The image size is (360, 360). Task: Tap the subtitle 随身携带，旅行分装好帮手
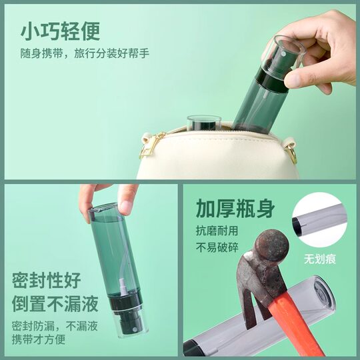[85, 53]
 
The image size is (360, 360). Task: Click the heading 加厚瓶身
[235, 209]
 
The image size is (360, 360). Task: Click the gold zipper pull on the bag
[151, 145]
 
